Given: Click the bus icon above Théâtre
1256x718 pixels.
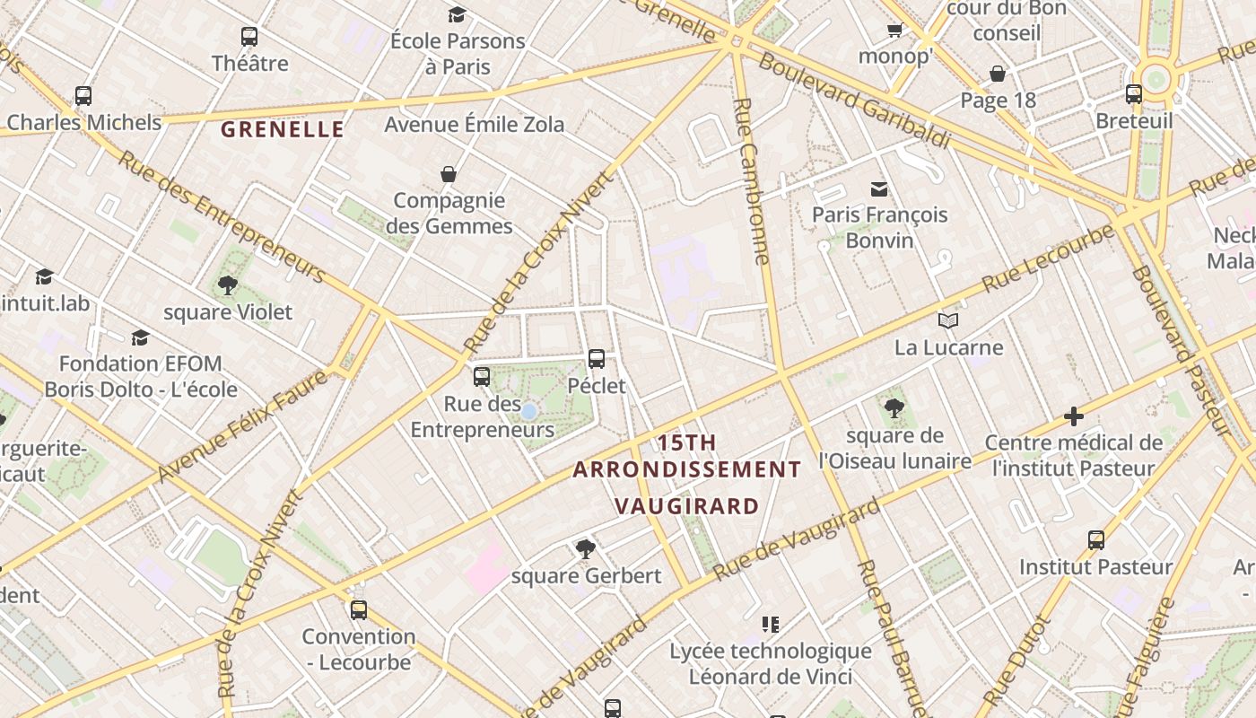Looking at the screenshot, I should click(249, 37).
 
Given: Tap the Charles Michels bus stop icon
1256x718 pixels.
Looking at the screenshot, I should click(83, 96).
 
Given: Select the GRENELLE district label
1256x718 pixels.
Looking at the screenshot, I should click(283, 130).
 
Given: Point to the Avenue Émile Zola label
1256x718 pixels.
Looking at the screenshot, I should click(475, 124).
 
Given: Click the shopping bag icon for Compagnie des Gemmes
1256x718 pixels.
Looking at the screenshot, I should click(449, 174).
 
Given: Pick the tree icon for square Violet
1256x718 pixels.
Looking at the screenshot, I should click(228, 285).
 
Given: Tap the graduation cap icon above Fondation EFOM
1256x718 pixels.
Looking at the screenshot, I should click(140, 337).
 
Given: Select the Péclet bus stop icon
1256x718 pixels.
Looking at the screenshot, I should click(597, 359).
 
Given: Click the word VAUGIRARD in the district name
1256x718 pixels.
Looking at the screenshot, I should click(688, 506).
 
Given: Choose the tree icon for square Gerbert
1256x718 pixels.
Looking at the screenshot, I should click(586, 548).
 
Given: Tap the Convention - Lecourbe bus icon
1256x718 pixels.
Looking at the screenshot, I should click(359, 610).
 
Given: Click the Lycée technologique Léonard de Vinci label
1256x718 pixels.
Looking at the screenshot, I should click(771, 663).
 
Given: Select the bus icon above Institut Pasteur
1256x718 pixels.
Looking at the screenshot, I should click(1096, 540).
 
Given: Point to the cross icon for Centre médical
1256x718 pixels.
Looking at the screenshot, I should click(1073, 416).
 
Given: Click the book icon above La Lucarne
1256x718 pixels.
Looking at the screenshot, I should click(948, 320).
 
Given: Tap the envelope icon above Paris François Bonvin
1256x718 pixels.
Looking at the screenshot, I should click(879, 188).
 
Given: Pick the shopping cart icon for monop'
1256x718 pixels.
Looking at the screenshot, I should click(894, 31).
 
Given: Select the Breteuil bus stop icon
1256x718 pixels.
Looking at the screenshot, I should click(1134, 94).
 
